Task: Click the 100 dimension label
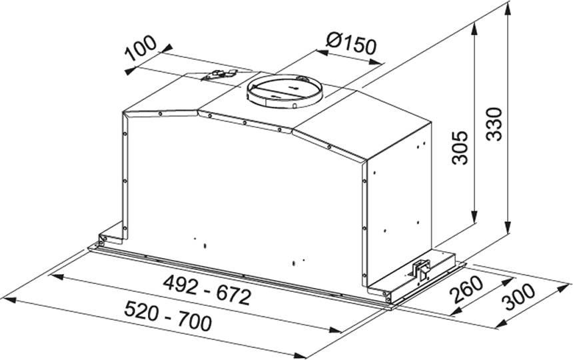click(x=141, y=48)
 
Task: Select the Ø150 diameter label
click(x=351, y=43)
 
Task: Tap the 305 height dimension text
click(x=460, y=147)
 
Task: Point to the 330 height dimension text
click(x=495, y=124)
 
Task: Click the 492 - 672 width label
click(x=207, y=290)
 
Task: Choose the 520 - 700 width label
click(x=168, y=315)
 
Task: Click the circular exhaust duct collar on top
click(x=285, y=91)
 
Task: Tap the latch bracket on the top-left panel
click(x=217, y=75)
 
